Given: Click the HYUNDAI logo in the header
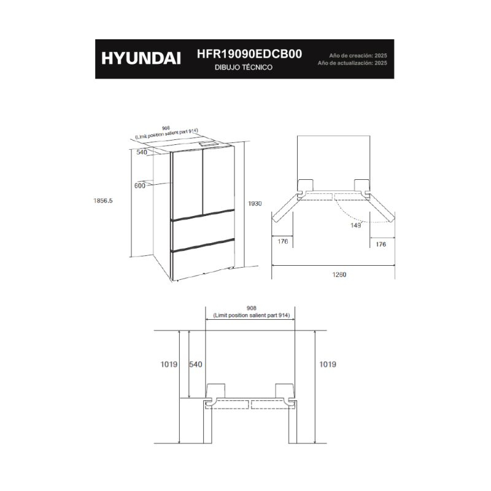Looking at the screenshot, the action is [x=141, y=58].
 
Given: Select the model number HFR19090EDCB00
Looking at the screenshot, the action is [x=249, y=54].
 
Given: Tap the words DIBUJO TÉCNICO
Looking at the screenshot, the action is [x=244, y=68].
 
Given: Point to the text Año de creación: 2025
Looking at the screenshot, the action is [x=358, y=56].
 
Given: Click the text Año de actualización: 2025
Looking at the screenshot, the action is [x=352, y=63].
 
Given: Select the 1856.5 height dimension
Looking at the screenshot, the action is [x=102, y=201].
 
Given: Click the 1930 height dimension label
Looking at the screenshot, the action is [x=255, y=204].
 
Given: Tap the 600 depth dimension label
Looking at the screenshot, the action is [x=140, y=186].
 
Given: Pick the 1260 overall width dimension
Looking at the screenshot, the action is [x=339, y=274].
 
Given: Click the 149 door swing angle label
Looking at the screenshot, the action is [x=355, y=225].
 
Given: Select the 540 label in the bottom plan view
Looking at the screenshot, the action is [x=195, y=364].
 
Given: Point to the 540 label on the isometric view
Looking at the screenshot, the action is [x=142, y=152].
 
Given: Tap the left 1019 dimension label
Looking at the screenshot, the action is [x=169, y=364].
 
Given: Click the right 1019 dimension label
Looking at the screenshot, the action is [x=328, y=364].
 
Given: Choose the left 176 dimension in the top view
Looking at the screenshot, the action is [x=282, y=241].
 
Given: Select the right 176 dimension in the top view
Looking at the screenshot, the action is [x=381, y=244].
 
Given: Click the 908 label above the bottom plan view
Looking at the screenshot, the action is [x=252, y=309].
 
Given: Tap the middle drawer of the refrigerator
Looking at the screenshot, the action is [x=204, y=231].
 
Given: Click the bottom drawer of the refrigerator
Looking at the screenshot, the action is [x=204, y=260].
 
